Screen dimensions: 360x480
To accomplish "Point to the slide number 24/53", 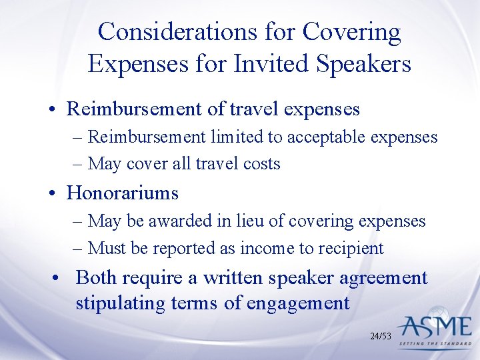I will (x=381, y=337).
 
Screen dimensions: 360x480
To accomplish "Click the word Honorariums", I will (x=123, y=193).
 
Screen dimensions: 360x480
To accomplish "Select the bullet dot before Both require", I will (x=60, y=278).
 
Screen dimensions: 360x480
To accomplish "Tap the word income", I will (x=267, y=249).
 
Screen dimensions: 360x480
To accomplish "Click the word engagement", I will (x=298, y=303).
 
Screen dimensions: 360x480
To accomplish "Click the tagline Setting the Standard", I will (x=437, y=345).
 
